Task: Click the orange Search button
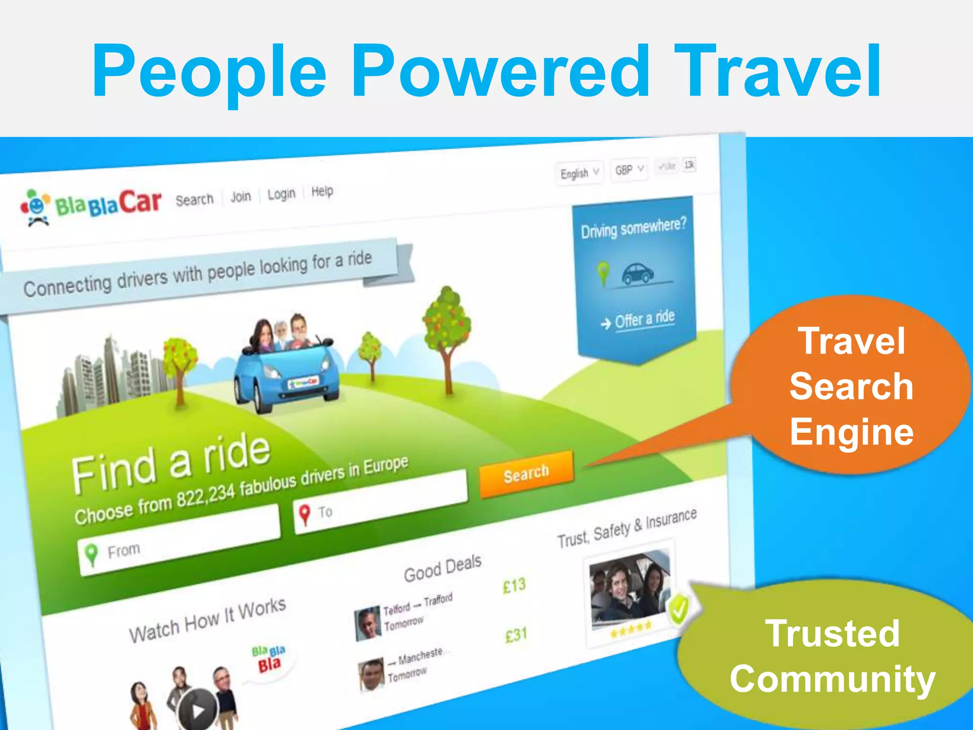point(526,473)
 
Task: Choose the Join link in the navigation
point(240,196)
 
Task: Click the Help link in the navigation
point(322,191)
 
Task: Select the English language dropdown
point(579,173)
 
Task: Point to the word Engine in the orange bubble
point(852,432)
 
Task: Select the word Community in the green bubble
point(832,679)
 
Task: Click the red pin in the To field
point(305,514)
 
